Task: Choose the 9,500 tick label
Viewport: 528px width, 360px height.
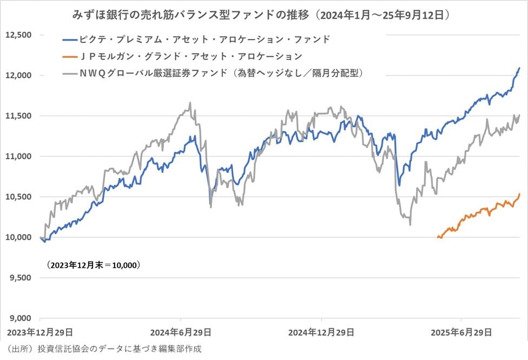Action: pyautogui.click(x=20, y=278)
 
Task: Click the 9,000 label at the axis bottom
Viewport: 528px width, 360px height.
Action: pyautogui.click(x=20, y=318)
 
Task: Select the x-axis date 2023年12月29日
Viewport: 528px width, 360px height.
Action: pyautogui.click(x=41, y=331)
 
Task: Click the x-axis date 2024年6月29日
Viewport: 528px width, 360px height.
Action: pyautogui.click(x=180, y=331)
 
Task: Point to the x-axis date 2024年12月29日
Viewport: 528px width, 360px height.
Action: pyautogui.click(x=321, y=331)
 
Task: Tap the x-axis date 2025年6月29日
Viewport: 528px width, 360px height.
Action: pyautogui.click(x=460, y=331)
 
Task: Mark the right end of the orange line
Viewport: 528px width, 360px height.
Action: pyautogui.click(x=519, y=194)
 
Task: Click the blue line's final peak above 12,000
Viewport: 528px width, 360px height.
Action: pyautogui.click(x=519, y=68)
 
